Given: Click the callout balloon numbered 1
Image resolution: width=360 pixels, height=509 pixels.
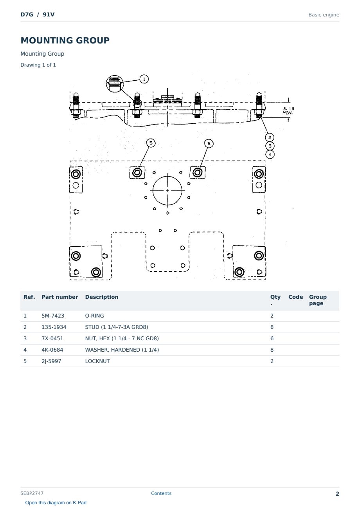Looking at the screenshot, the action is coord(144,79).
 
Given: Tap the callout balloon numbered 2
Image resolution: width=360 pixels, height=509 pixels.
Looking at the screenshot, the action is coord(270,137).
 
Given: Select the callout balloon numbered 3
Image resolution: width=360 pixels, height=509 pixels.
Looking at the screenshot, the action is coord(270,146).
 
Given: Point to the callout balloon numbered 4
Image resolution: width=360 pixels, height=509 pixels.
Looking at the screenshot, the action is coord(270,155).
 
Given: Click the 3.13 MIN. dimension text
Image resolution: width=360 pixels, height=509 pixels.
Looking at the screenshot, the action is coord(288,111).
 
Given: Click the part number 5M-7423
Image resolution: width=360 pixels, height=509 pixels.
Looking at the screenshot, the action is coord(53,316).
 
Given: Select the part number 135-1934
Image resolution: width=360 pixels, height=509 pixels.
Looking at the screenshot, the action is coord(54,327).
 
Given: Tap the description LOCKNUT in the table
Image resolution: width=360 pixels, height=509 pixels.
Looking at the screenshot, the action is coord(97,361).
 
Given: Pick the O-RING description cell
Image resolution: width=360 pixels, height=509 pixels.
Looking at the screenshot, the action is coord(94,316).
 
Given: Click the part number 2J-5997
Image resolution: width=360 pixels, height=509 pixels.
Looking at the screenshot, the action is coord(51,361).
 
